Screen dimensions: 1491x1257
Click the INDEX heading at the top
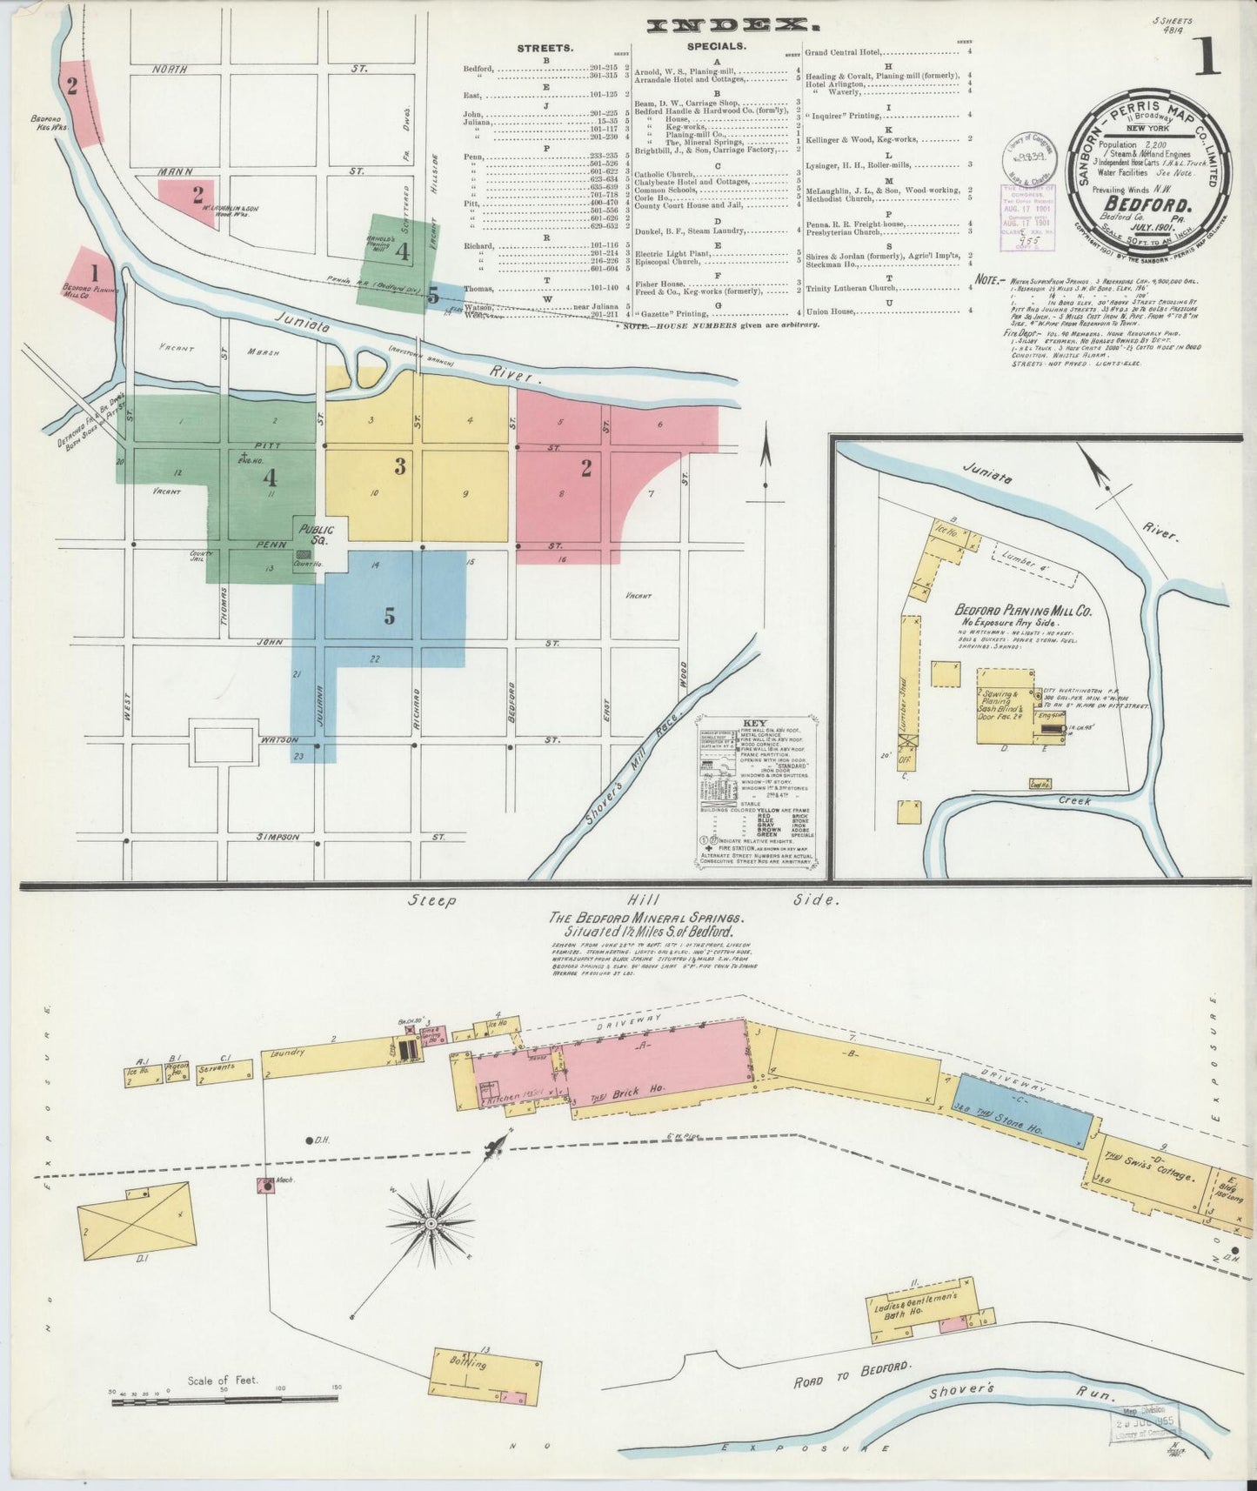pyautogui.click(x=722, y=25)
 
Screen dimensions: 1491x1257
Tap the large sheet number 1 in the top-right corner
pyautogui.click(x=1208, y=57)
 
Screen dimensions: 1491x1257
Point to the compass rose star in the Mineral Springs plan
pyautogui.click(x=430, y=1224)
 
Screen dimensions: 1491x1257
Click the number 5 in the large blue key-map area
pyautogui.click(x=390, y=616)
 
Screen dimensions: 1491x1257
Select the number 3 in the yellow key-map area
pyautogui.click(x=400, y=467)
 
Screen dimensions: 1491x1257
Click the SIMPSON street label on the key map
pyautogui.click(x=277, y=837)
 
